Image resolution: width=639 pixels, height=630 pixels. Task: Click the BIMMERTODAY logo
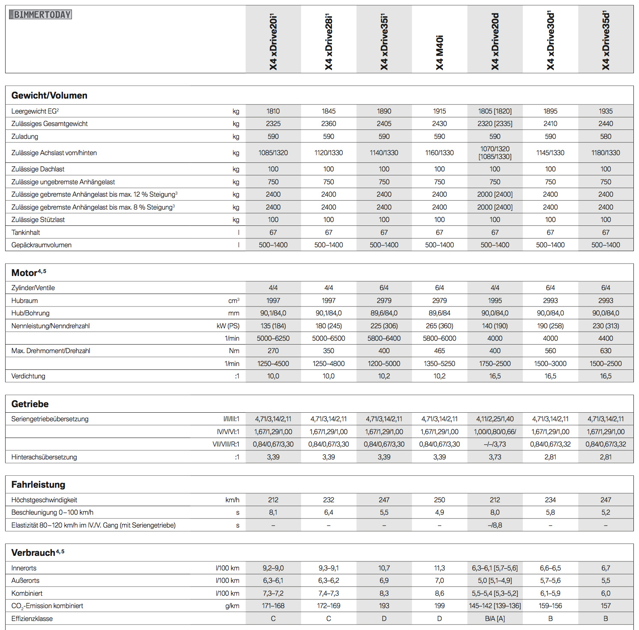tap(41, 15)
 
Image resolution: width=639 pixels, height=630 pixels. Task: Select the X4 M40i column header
tap(439, 52)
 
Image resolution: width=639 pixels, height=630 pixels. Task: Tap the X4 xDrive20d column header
tap(495, 42)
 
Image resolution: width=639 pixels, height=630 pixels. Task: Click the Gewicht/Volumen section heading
tap(49, 96)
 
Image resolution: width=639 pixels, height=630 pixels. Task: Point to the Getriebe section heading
tap(30, 404)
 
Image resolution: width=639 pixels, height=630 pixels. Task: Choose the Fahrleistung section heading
tap(38, 485)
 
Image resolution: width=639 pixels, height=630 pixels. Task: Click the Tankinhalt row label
tap(26, 232)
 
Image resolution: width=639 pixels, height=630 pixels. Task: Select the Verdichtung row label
tap(28, 376)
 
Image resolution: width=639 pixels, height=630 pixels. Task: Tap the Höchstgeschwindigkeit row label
tap(44, 500)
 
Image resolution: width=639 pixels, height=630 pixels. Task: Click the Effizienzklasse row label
tap(32, 618)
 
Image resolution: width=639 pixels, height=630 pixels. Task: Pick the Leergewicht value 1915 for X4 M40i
tap(439, 111)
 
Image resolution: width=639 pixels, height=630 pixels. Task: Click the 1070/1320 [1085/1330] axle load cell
tap(495, 153)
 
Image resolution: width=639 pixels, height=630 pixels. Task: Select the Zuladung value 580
tap(606, 136)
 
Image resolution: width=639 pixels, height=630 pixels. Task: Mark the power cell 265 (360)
tap(439, 326)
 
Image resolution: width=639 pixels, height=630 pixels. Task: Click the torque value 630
tap(606, 351)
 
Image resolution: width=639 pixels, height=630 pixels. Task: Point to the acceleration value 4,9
tap(439, 512)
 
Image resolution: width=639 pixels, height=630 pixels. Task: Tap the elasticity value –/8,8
tap(495, 525)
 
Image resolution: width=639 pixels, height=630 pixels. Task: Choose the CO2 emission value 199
tap(439, 606)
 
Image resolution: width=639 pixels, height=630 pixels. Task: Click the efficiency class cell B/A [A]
tap(495, 618)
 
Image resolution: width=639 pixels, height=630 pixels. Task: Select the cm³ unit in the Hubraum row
tap(234, 300)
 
